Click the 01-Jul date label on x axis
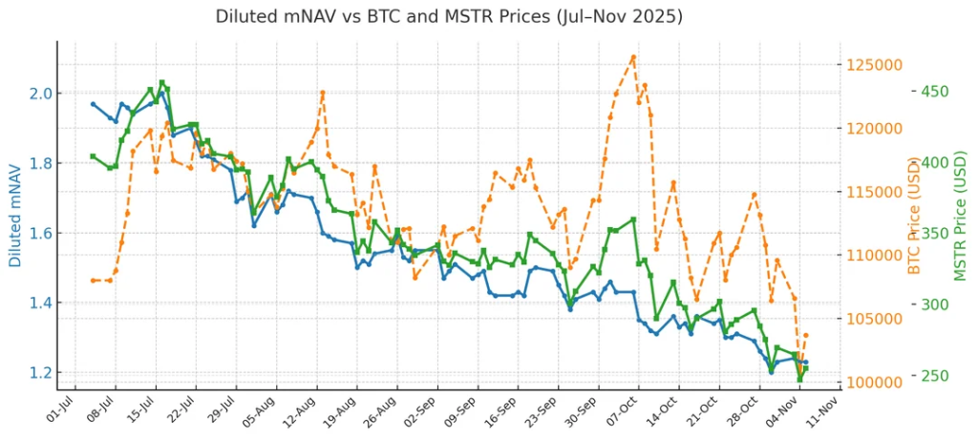59,405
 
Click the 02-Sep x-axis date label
422,405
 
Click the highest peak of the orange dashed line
633,56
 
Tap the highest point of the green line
161,83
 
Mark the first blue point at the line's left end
93,103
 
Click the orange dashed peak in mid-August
323,93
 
